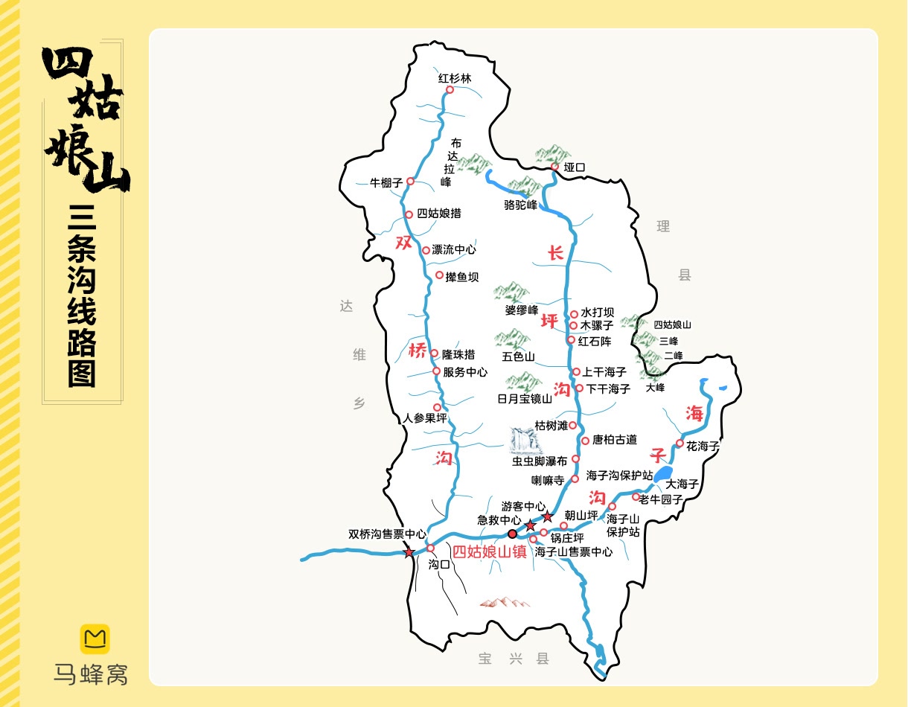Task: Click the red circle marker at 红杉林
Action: [x=450, y=90]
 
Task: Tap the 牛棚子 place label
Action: [x=386, y=182]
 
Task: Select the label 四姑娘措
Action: [x=438, y=214]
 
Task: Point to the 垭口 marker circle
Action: [x=554, y=167]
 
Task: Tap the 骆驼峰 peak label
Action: [x=520, y=205]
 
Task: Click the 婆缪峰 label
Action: [x=521, y=310]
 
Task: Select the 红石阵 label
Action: [x=594, y=341]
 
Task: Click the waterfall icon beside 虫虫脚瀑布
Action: [x=525, y=441]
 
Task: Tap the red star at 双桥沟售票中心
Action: [x=409, y=552]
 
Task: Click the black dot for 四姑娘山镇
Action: [x=512, y=534]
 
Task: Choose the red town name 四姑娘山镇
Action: [x=489, y=552]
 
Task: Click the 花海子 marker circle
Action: [x=680, y=444]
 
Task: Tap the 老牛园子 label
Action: [x=660, y=499]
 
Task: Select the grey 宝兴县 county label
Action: [x=514, y=659]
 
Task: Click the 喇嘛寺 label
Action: [x=549, y=481]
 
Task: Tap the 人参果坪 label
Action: [x=424, y=418]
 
